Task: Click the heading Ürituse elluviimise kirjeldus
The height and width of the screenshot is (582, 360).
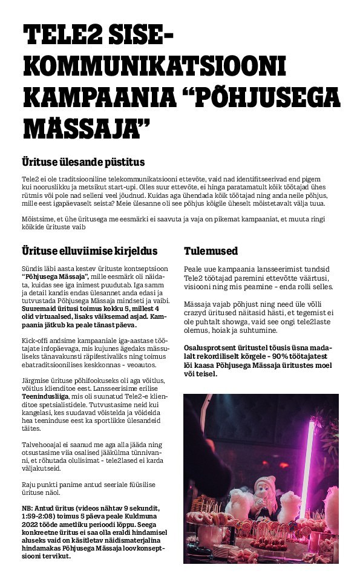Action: click(x=89, y=250)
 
